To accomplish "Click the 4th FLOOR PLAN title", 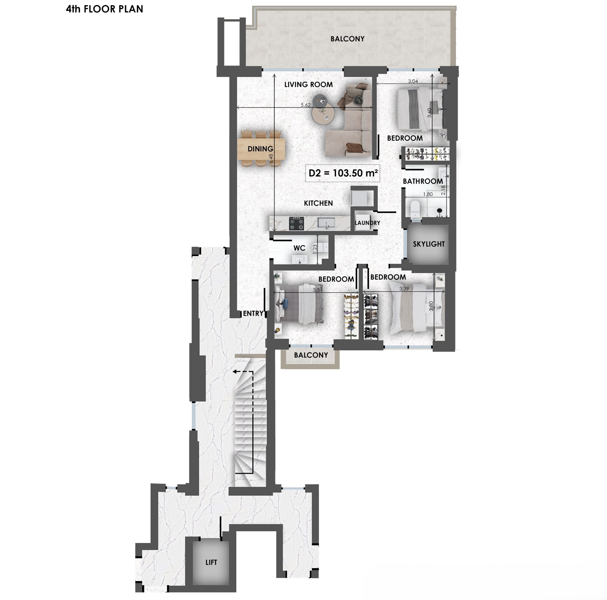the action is (x=105, y=9).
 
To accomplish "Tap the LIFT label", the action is (x=211, y=562).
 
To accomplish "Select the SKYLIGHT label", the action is (x=429, y=244).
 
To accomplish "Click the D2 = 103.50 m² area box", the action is (x=343, y=173).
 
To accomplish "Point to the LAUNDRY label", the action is (x=367, y=223).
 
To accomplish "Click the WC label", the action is (x=299, y=248).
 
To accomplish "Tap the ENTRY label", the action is (x=253, y=313).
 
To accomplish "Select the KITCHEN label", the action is (x=318, y=203).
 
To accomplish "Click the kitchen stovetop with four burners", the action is (x=296, y=223).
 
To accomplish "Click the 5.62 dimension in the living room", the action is (x=305, y=105).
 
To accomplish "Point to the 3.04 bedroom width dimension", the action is (x=413, y=81).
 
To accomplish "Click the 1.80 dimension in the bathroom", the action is (x=428, y=194).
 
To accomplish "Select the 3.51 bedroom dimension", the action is (x=317, y=290).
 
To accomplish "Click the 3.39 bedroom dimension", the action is (x=404, y=289).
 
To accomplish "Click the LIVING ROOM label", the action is (x=308, y=84).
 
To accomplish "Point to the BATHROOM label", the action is (x=423, y=181).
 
